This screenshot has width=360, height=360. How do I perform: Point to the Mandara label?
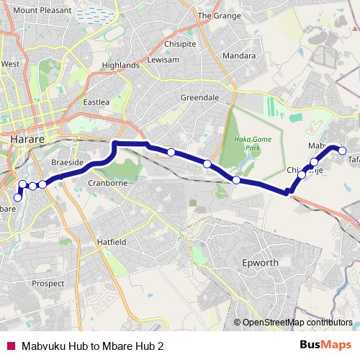pos(239,55)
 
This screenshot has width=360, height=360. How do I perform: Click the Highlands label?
pos(120,65)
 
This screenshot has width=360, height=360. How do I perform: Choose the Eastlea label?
pos(96,102)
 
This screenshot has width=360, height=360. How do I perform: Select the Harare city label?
pos(29,136)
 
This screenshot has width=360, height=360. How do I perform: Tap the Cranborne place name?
pos(107,183)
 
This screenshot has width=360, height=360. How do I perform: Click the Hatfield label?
pos(112,243)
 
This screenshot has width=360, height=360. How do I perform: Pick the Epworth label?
pos(260,263)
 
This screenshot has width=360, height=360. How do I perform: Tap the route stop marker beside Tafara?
pos(343,151)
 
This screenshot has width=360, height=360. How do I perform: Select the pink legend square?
pos(10,345)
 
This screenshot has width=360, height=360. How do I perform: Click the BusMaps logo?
pos(326,344)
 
